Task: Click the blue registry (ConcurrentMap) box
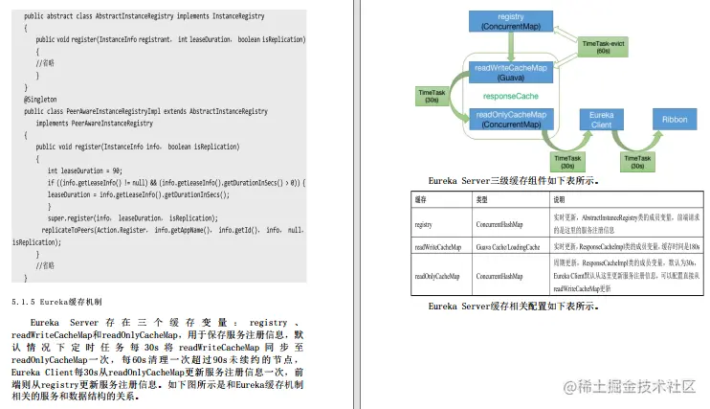pos(512,21)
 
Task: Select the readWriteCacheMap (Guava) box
pos(512,73)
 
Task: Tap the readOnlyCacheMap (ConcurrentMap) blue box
pos(512,119)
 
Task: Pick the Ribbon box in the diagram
pos(676,119)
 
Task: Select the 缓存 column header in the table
pos(421,200)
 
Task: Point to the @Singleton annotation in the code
pos(42,99)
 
